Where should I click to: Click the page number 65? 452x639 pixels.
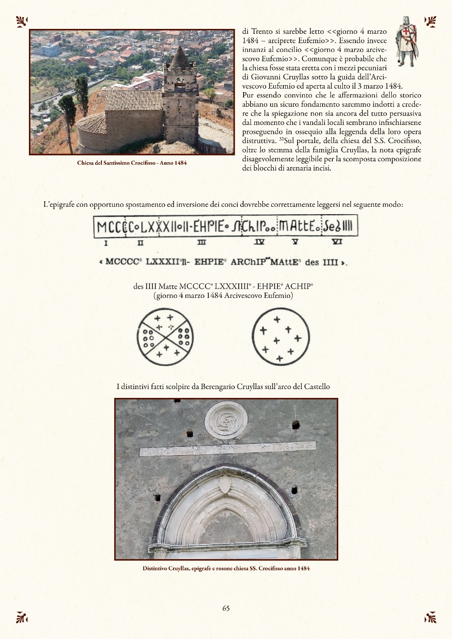click(x=226, y=608)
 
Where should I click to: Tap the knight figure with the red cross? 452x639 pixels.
click(x=406, y=41)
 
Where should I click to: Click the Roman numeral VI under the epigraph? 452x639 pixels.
click(x=337, y=242)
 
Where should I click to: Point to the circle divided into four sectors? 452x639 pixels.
click(x=165, y=337)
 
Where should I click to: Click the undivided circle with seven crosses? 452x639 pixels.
click(x=280, y=337)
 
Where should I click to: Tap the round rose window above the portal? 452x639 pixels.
click(x=226, y=420)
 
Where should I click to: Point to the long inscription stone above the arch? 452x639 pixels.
click(x=227, y=448)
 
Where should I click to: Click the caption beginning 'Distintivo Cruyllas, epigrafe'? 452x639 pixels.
click(x=226, y=568)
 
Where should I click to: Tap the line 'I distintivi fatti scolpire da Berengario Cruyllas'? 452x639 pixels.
click(x=223, y=387)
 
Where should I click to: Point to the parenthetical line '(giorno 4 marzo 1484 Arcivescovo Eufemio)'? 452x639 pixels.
click(x=223, y=295)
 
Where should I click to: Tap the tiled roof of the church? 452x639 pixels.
click(x=133, y=100)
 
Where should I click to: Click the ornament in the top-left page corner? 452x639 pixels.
click(x=22, y=21)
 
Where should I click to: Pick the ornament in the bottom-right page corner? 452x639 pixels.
click(x=430, y=617)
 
